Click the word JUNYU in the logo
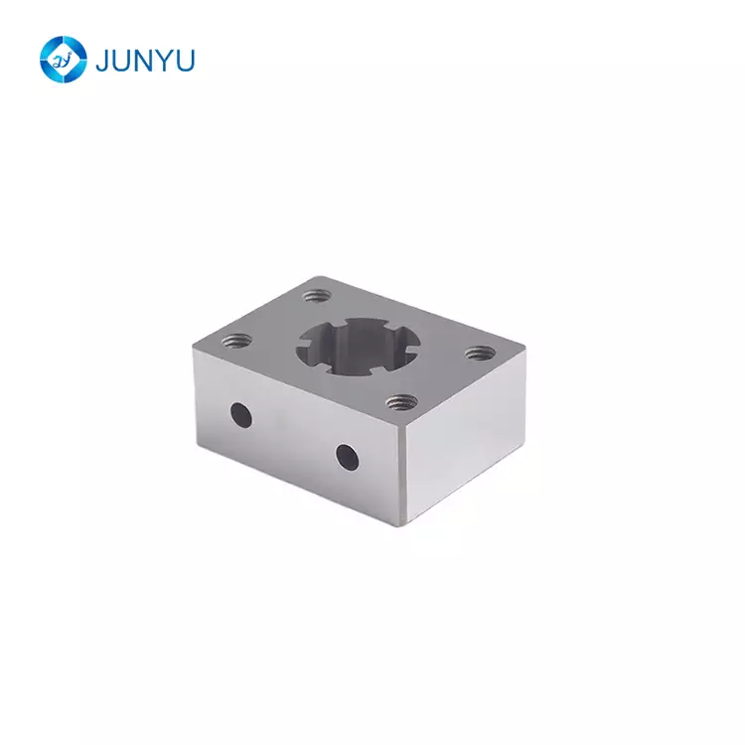pyautogui.click(x=145, y=61)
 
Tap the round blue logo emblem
pyautogui.click(x=64, y=60)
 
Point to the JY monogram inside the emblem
pyautogui.click(x=63, y=60)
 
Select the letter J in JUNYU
pyautogui.click(x=101, y=61)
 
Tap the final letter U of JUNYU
pyautogui.click(x=186, y=61)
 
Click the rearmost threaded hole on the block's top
pyautogui.click(x=317, y=296)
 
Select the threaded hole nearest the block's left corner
pyautogui.click(x=237, y=340)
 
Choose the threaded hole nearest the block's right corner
pyautogui.click(x=480, y=353)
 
